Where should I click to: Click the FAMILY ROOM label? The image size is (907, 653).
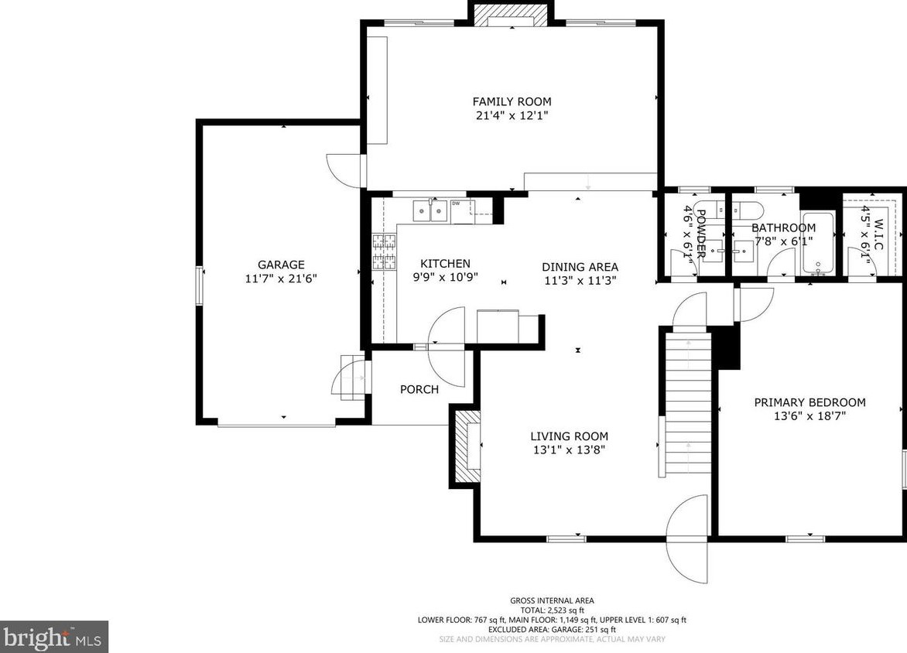coord(512,102)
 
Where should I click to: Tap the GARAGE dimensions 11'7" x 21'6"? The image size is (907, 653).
coord(281,279)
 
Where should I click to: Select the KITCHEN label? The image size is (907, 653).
coord(446,264)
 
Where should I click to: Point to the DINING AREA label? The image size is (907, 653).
coord(580,267)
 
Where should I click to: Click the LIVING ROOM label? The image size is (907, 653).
coord(569,436)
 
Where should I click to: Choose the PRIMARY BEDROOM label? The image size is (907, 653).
coord(809,402)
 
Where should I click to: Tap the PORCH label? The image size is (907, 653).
coord(419,390)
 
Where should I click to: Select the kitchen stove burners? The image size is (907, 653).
coord(385,252)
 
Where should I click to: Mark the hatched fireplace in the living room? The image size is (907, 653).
coord(467,446)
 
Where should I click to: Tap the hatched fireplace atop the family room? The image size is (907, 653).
coord(512,15)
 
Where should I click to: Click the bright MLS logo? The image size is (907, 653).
coord(54,637)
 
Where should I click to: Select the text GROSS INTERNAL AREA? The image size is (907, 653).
coord(552,601)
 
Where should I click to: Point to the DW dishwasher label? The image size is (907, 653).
coord(456,203)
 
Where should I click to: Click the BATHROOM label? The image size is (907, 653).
coord(784,228)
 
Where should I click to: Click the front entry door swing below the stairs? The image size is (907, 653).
coord(688,540)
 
